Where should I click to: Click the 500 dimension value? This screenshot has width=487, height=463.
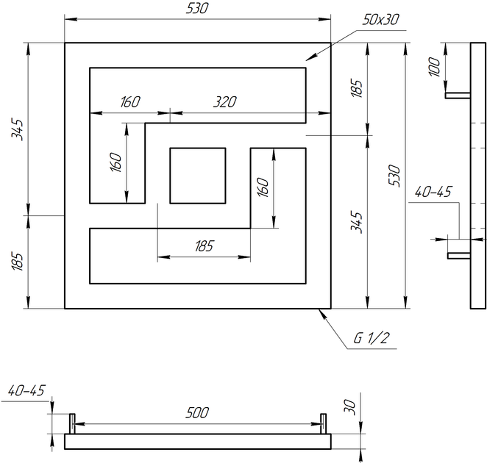pos(197,413)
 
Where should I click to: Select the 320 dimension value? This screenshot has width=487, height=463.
pos(225,101)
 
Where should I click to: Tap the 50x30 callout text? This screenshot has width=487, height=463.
pos(380,20)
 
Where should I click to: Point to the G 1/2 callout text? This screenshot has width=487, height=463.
pos(371,338)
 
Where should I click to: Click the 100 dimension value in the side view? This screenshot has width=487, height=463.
pos(435,67)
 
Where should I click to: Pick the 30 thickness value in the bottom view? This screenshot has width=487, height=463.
pos(350,407)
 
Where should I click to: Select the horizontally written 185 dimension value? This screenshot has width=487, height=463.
pos(204,246)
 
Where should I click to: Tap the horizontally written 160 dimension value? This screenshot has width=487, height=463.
pos(130,101)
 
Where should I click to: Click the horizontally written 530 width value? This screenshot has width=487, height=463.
pos(197,8)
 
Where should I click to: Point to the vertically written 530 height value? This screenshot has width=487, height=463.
pos(395,176)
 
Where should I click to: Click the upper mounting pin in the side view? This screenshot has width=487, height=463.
pos(458,96)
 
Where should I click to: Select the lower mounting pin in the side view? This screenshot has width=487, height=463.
pos(459,256)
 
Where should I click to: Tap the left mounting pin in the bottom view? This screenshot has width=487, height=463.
pos(72,423)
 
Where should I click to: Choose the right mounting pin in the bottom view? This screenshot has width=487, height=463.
pos(323,423)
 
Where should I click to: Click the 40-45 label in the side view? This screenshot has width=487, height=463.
pos(433,192)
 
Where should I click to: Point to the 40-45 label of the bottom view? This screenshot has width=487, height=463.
pos(26,390)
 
